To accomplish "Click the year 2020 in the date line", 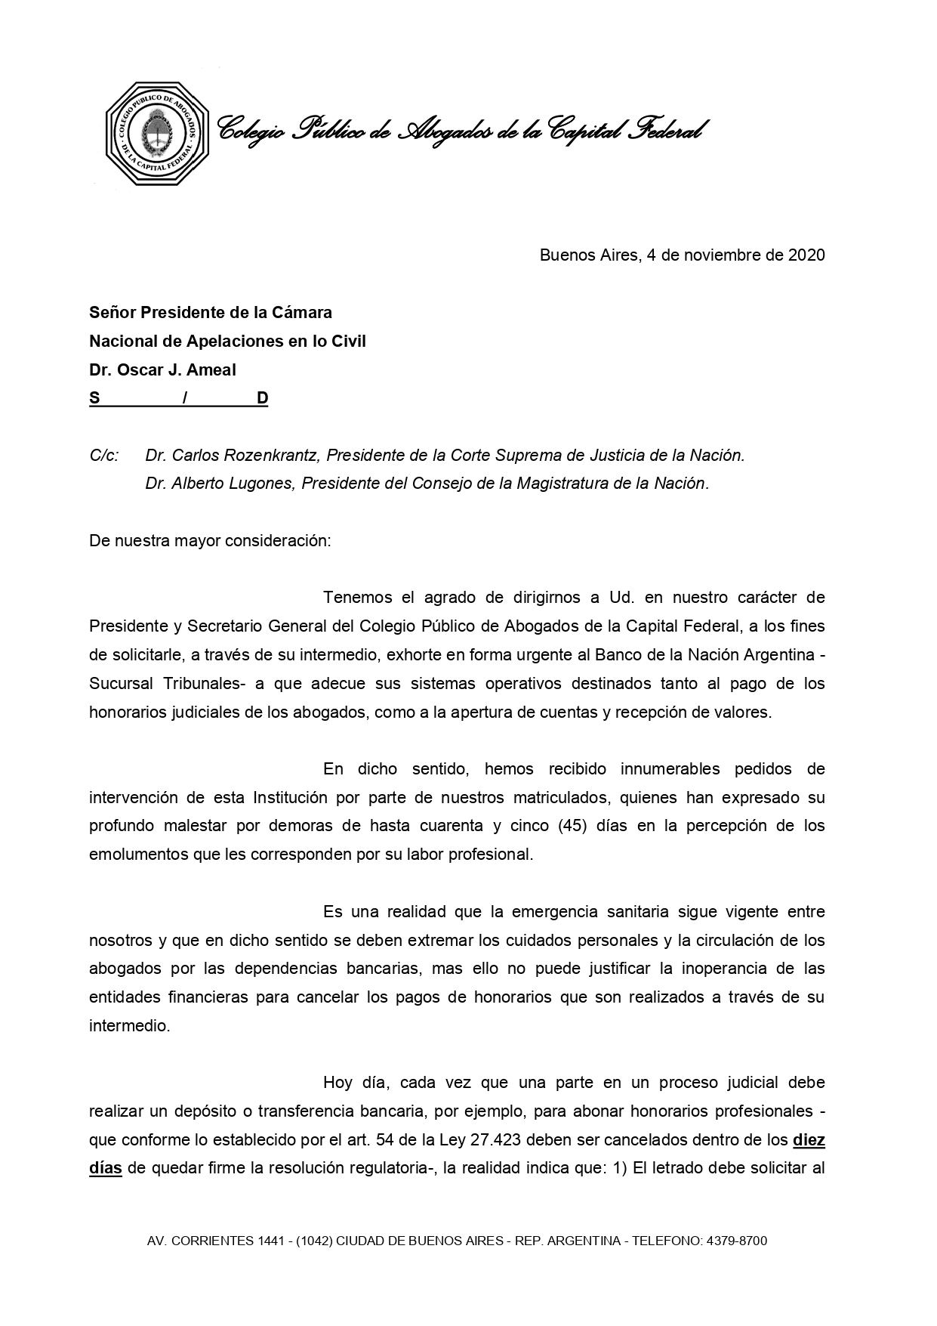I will point(806,255).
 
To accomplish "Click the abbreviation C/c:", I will point(104,456).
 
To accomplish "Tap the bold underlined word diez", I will point(809,1140).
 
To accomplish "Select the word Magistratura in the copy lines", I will point(563,484).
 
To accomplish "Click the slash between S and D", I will point(185,398).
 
